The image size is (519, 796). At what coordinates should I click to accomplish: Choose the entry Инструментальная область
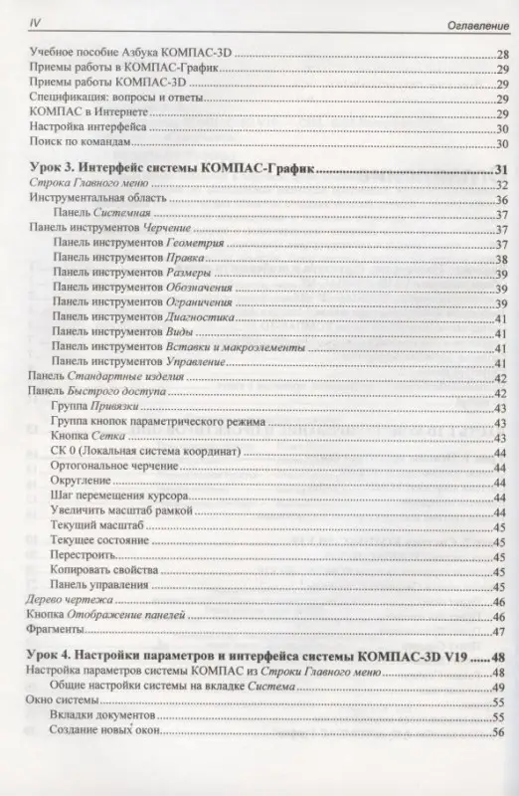(96, 199)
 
